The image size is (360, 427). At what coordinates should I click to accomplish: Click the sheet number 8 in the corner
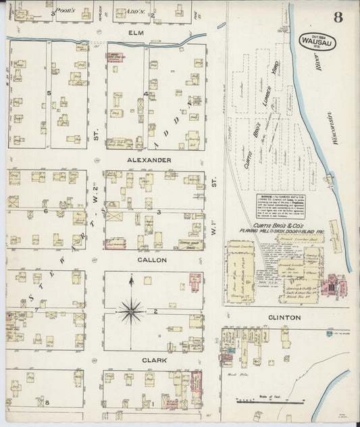tap(338, 17)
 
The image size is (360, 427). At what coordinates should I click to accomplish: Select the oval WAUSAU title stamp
tap(316, 42)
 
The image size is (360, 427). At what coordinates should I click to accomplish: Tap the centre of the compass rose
tap(130, 311)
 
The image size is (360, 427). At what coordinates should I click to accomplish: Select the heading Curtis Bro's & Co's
tap(277, 225)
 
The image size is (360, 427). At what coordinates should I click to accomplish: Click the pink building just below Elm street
tap(115, 57)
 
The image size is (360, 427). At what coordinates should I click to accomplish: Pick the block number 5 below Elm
tap(49, 93)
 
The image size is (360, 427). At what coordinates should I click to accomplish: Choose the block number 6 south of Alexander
tap(45, 211)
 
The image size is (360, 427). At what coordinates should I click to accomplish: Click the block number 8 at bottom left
tap(47, 403)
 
